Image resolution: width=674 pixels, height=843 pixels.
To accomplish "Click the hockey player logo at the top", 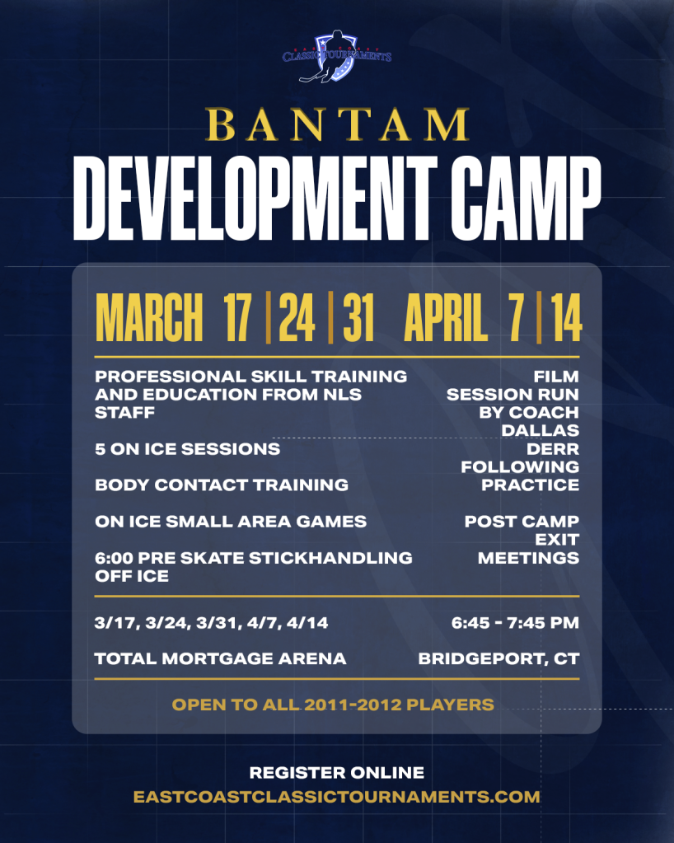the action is [336, 57].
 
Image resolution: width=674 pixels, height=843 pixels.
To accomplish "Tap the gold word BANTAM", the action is [337, 124].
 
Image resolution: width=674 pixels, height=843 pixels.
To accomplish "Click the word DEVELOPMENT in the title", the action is [255, 198].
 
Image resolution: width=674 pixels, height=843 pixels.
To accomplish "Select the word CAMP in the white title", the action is [526, 198].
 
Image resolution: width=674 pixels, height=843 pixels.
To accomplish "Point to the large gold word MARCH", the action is [149, 318].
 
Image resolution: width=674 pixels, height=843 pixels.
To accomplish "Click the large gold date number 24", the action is [297, 318].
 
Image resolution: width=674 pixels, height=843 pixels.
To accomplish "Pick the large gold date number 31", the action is [358, 318].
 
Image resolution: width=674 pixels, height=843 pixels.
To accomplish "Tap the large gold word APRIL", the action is [446, 318].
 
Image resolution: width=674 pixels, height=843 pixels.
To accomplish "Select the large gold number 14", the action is [566, 318].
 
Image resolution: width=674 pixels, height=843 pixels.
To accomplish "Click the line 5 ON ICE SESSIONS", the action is [187, 449].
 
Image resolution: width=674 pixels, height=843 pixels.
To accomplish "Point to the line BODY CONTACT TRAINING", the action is [222, 485].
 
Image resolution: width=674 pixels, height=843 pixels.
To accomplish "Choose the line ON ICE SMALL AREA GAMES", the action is [231, 522].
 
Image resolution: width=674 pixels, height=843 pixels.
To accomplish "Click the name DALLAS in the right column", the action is [541, 431].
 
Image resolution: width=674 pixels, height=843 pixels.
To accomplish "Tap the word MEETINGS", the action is [528, 558].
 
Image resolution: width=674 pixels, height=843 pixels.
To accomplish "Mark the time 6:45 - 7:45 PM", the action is [515, 623].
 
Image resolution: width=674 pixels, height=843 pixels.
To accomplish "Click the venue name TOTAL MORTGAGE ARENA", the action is [220, 658].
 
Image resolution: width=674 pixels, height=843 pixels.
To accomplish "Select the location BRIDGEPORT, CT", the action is [498, 659].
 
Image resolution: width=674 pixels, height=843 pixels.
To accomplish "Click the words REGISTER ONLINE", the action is [337, 773].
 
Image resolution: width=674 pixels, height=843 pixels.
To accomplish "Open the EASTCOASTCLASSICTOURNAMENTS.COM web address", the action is [336, 797].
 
